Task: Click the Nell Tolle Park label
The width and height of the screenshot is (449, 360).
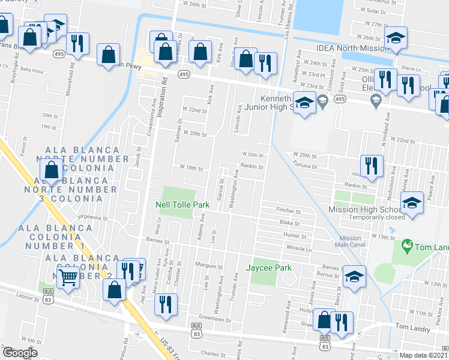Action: tap(182, 205)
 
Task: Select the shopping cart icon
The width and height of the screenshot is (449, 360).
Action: tap(68, 275)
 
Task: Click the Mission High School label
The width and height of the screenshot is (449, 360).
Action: tap(366, 209)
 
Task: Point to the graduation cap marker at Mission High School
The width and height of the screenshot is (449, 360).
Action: tap(412, 203)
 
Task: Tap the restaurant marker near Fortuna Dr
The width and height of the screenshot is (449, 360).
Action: tap(371, 165)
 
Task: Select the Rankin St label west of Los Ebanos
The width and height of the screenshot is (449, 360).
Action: tap(252, 167)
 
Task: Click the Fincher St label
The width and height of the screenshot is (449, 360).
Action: tap(288, 211)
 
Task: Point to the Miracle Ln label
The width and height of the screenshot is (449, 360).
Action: tap(300, 248)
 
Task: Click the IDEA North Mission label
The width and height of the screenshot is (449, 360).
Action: tap(353, 50)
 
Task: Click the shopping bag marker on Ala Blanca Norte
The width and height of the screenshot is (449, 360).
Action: tap(52, 170)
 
